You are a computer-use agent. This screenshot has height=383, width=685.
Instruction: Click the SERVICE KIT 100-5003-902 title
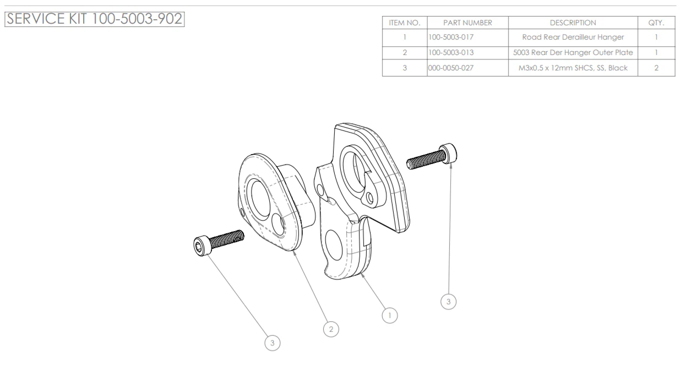click(x=94, y=19)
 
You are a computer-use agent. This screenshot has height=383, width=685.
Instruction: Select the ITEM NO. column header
click(x=405, y=23)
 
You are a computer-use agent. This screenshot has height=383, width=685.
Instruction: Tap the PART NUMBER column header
click(x=467, y=23)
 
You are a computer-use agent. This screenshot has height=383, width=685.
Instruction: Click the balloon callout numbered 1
click(x=390, y=315)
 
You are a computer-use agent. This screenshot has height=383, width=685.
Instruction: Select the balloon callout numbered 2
click(x=330, y=329)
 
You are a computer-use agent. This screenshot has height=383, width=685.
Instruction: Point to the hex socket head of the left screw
click(x=201, y=246)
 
